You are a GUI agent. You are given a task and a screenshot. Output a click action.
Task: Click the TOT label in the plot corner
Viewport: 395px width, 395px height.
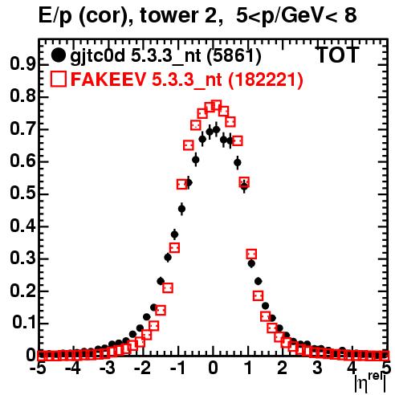click(338, 55)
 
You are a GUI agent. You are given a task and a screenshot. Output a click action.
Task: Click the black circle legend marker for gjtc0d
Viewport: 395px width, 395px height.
click(58, 55)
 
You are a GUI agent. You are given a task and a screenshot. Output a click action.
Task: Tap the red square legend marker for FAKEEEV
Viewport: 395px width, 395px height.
click(58, 79)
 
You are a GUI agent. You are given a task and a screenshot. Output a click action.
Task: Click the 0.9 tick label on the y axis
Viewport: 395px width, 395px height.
click(22, 64)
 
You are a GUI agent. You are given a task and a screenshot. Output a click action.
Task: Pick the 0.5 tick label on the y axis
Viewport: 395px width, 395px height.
click(22, 193)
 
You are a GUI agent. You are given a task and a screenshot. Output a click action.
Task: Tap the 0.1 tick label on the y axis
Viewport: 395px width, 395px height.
click(24, 323)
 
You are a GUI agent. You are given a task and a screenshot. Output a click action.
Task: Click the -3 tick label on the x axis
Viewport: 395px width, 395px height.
click(108, 368)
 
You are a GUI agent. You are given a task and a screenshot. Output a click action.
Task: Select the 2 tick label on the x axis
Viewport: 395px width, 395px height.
click(282, 368)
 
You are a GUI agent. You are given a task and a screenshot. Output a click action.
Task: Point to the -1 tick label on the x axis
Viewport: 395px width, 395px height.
click(177, 368)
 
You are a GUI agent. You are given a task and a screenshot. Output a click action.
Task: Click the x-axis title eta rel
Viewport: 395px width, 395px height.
click(370, 383)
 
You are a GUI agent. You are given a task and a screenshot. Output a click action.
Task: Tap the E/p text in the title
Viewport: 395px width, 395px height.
click(55, 17)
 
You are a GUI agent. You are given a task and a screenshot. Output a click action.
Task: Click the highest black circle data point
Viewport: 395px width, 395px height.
click(216, 130)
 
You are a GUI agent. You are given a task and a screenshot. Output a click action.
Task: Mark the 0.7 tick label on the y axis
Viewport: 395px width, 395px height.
click(22, 128)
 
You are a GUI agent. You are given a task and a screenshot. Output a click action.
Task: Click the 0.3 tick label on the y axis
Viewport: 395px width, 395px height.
click(22, 258)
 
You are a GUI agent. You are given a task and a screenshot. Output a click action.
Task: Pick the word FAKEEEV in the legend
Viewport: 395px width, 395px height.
click(109, 79)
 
